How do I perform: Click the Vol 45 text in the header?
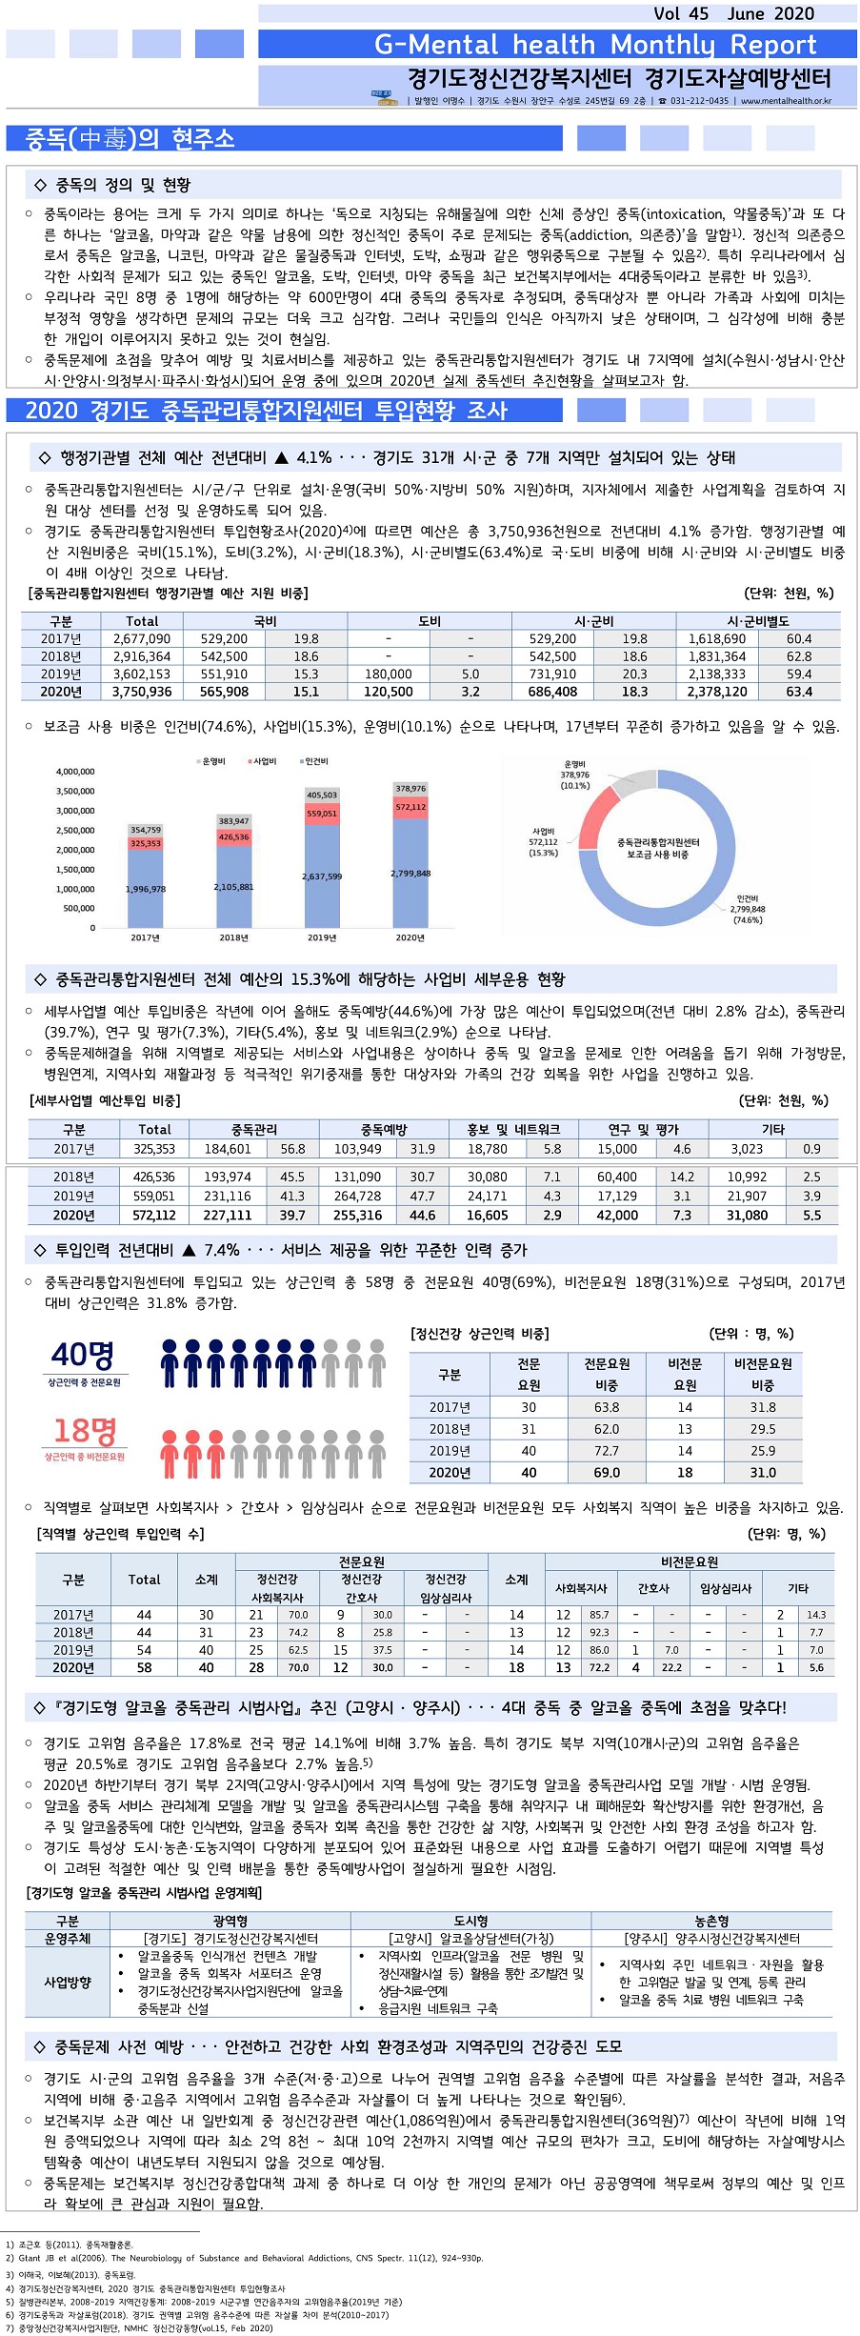click(681, 13)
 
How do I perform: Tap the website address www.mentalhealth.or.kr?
click(786, 100)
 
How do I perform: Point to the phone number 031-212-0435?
click(699, 100)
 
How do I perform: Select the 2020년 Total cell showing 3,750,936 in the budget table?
click(142, 692)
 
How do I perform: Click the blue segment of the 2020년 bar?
click(410, 873)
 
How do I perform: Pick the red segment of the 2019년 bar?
click(322, 814)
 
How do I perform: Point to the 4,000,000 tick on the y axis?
click(75, 772)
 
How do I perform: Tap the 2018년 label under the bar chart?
click(233, 937)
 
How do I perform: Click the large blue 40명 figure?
click(83, 1354)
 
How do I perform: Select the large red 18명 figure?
click(84, 1430)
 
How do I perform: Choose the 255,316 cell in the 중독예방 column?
click(357, 1216)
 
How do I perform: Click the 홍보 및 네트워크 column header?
click(513, 1129)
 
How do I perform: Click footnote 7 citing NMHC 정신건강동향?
click(139, 2328)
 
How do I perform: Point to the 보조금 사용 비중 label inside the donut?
click(657, 855)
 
